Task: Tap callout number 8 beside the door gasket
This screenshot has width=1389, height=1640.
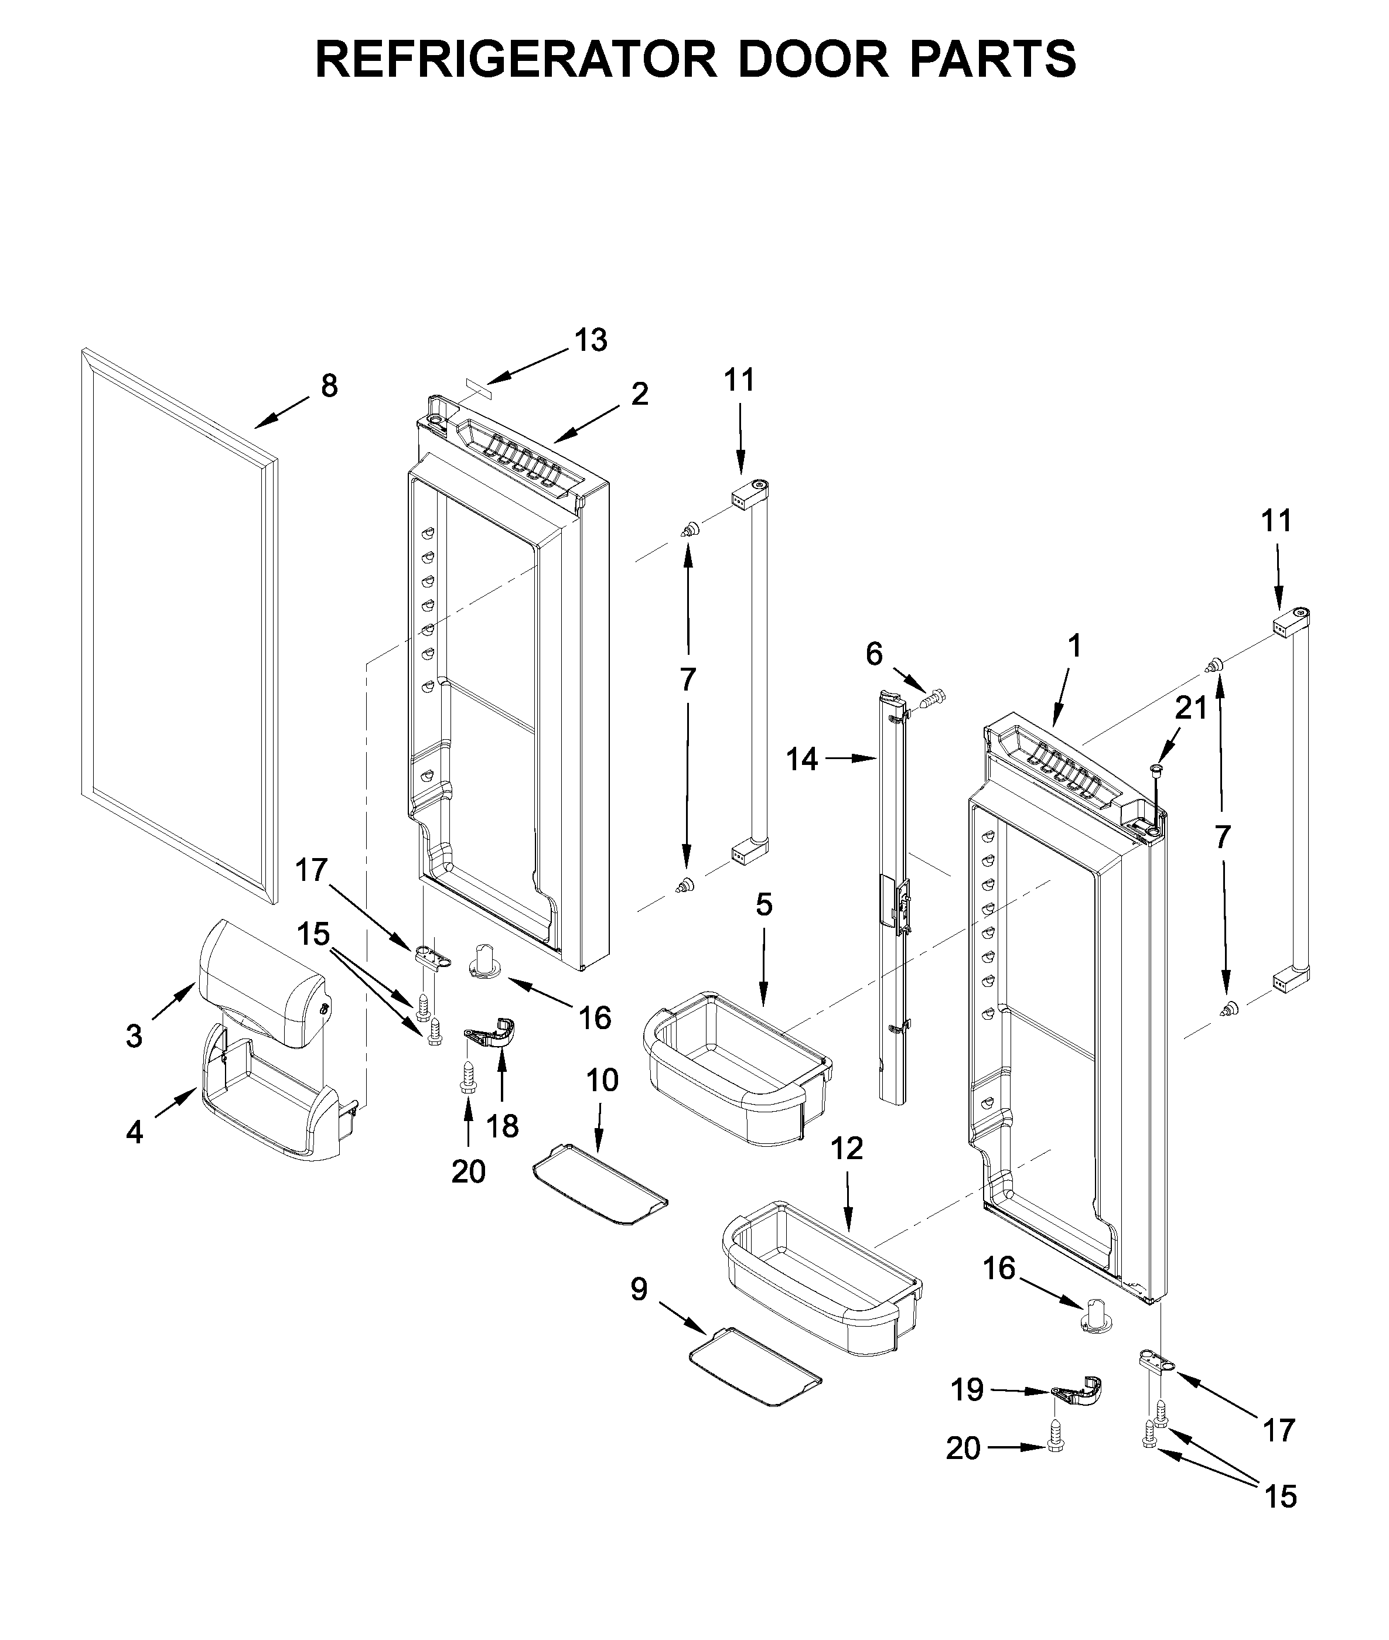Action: pos(329,386)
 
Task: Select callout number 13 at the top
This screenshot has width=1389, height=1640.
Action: pos(591,340)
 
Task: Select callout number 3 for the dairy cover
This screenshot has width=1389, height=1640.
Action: pos(134,1036)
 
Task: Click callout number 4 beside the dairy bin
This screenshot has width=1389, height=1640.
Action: pos(135,1132)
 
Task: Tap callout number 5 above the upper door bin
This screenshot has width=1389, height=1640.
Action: pos(764,905)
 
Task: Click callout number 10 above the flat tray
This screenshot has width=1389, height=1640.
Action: pos(602,1080)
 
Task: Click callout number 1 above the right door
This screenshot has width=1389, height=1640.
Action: pos(1074,647)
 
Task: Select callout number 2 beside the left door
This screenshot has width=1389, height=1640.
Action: pos(639,394)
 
